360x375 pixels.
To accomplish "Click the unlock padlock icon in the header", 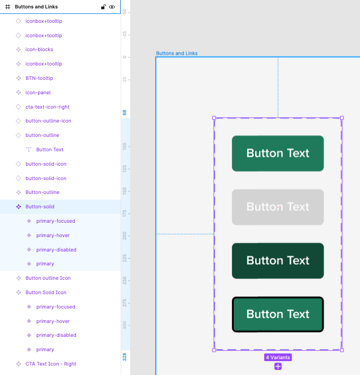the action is (x=103, y=7).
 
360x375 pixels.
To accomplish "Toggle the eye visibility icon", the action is (x=112, y=7).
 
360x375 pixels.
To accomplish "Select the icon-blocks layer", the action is (x=39, y=49).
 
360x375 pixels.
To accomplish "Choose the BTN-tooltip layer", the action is (x=39, y=78).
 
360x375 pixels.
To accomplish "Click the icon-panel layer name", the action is (x=38, y=92).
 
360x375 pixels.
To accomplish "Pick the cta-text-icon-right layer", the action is (x=47, y=107).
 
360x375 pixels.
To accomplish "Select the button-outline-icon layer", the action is (x=48, y=121).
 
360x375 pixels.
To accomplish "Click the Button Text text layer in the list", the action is (x=50, y=149).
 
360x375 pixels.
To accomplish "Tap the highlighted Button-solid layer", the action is (x=40, y=207).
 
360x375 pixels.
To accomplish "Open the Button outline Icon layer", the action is (x=48, y=278).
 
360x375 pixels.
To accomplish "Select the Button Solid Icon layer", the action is (x=46, y=292).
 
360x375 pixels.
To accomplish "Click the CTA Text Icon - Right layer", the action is (x=51, y=364).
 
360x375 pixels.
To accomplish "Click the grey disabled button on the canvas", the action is (x=278, y=207).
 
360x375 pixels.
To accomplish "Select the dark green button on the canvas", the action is (x=278, y=261).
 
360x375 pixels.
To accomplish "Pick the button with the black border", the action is (x=278, y=314).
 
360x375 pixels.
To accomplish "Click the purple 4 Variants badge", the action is (x=278, y=357).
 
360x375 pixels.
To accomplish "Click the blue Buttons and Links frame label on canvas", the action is (x=177, y=53).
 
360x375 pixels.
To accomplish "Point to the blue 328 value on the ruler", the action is (x=125, y=357).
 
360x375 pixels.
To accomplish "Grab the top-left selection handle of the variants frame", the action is (x=214, y=118).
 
